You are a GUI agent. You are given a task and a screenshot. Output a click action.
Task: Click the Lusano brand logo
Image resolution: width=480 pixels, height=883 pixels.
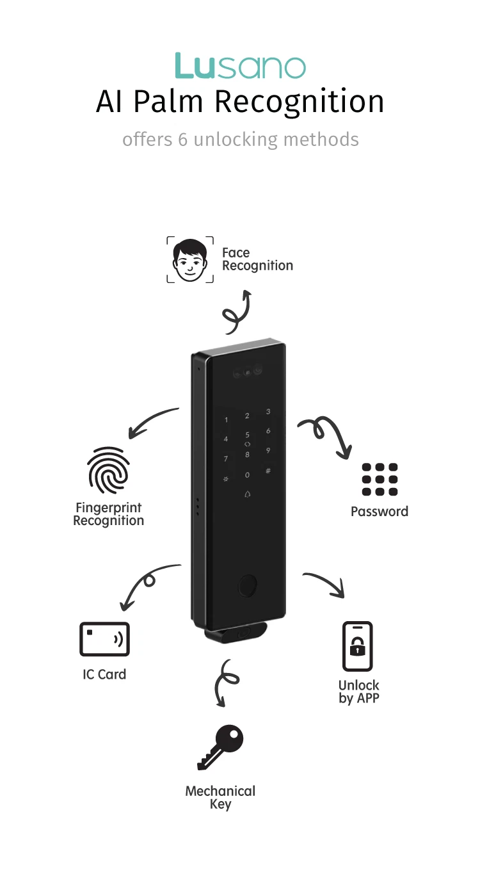coord(240,67)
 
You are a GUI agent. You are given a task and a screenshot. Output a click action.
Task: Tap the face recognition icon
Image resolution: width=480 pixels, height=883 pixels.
coord(190,259)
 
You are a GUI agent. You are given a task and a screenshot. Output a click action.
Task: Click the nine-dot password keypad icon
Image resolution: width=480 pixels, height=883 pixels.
coord(380,479)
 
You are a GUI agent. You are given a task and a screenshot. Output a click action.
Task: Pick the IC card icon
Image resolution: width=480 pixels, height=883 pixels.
coord(104,639)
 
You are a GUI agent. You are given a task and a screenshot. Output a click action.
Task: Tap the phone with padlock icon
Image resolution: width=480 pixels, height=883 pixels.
coord(357,646)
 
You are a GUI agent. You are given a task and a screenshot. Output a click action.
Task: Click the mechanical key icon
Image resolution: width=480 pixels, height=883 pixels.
coord(221,747)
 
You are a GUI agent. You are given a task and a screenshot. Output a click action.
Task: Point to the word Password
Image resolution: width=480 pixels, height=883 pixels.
coord(380,511)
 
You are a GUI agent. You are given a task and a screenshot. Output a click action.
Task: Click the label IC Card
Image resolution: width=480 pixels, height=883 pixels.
coord(104,674)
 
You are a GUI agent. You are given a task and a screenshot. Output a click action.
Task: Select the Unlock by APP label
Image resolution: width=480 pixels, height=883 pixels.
coord(359,692)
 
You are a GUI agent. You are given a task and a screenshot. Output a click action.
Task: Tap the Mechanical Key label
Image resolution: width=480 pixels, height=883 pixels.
coord(220,797)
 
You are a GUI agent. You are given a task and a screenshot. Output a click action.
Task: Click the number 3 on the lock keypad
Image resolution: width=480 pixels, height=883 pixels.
coord(268,412)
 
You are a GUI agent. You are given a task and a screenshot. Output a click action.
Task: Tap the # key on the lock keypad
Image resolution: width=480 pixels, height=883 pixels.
coord(268,471)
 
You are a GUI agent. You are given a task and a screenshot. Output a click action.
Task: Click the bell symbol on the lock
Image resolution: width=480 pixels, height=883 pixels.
coord(248,494)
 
